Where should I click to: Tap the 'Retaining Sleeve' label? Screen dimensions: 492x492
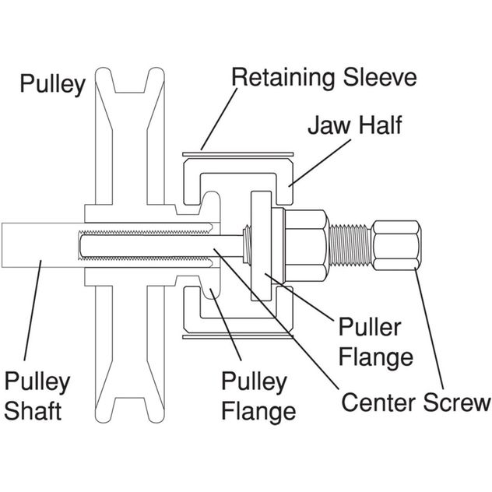325,77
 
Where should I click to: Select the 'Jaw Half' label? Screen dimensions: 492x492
355,125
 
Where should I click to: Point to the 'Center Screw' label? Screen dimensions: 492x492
416,402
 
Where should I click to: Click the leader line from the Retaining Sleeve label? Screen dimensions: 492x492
219,116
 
